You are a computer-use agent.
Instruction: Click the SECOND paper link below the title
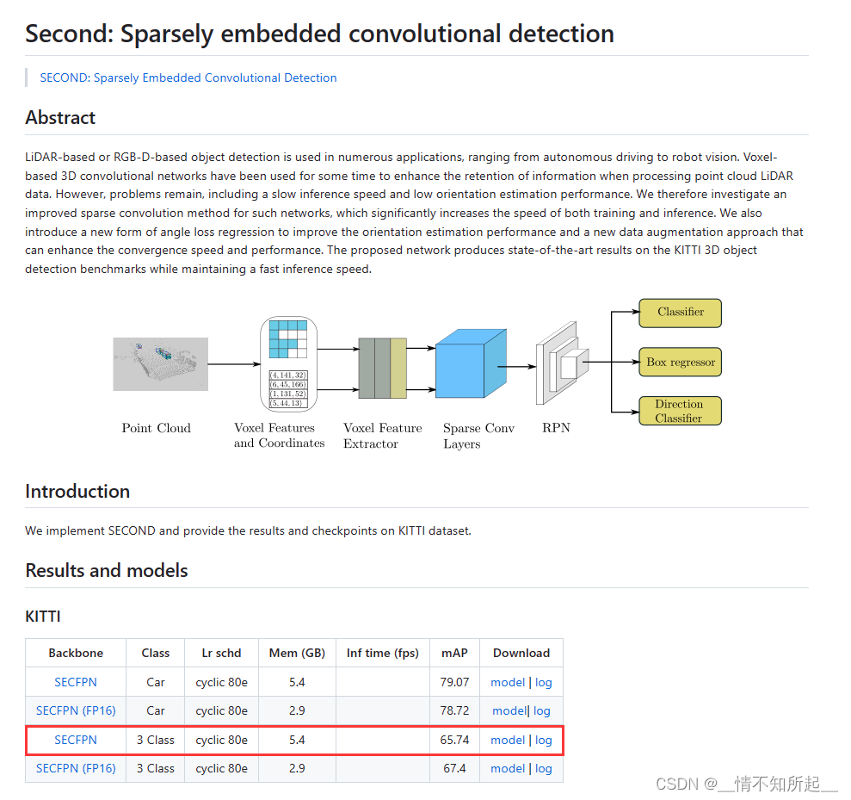pos(188,78)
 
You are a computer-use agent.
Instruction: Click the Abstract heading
pos(60,117)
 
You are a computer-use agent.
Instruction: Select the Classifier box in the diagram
pos(680,313)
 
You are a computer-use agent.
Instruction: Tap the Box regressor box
pos(680,363)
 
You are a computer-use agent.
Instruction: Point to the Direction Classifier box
pos(680,411)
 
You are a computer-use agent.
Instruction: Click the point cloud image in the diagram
pos(161,363)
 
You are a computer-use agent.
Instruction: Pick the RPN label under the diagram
pos(556,428)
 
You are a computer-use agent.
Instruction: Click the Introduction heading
pos(77,491)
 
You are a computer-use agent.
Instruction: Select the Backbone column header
pos(76,653)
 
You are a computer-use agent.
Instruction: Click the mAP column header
pos(454,653)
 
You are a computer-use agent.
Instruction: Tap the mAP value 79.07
pos(455,682)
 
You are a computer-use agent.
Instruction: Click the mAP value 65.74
pos(455,740)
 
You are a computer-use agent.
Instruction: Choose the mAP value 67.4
pos(455,768)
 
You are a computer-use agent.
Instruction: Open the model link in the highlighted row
pos(508,740)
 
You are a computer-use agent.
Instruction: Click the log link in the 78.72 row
pos(542,710)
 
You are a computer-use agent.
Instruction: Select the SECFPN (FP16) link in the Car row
pos(76,710)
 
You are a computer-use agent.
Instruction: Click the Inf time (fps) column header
pos(383,653)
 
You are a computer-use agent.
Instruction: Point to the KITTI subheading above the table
pos(43,616)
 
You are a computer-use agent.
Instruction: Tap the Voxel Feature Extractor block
pos(382,368)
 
